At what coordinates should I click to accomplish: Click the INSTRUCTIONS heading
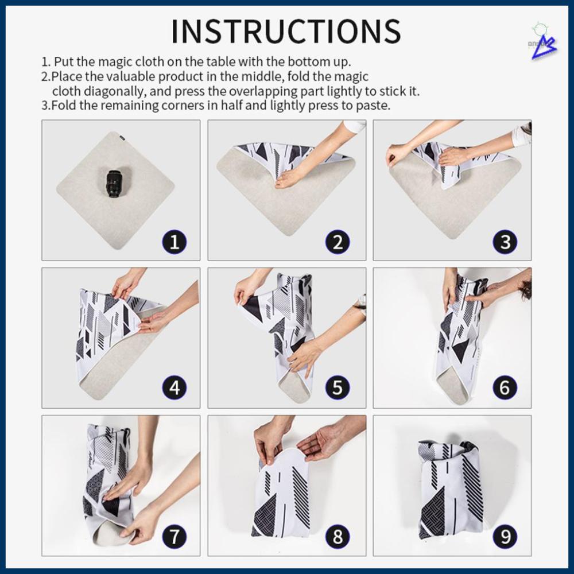tap(286, 32)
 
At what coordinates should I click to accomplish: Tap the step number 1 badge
tap(174, 242)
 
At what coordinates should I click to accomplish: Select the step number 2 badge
tap(338, 242)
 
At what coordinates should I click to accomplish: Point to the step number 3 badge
tap(505, 242)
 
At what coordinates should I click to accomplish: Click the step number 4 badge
tap(174, 389)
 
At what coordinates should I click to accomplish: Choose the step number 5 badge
tap(338, 389)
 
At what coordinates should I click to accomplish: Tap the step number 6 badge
tap(505, 389)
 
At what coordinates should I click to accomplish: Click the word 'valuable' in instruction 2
tap(135, 76)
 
